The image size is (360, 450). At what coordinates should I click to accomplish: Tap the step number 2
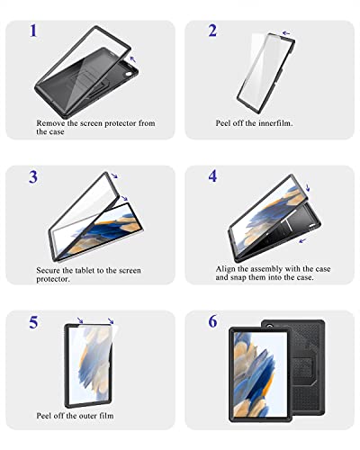212,31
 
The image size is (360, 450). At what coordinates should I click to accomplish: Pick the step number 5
33,320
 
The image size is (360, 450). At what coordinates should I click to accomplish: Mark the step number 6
212,320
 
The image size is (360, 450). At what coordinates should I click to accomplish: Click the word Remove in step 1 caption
51,122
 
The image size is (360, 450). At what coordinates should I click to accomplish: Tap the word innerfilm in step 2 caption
271,122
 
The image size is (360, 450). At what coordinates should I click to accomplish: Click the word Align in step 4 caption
227,268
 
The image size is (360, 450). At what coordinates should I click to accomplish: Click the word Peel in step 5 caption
47,421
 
